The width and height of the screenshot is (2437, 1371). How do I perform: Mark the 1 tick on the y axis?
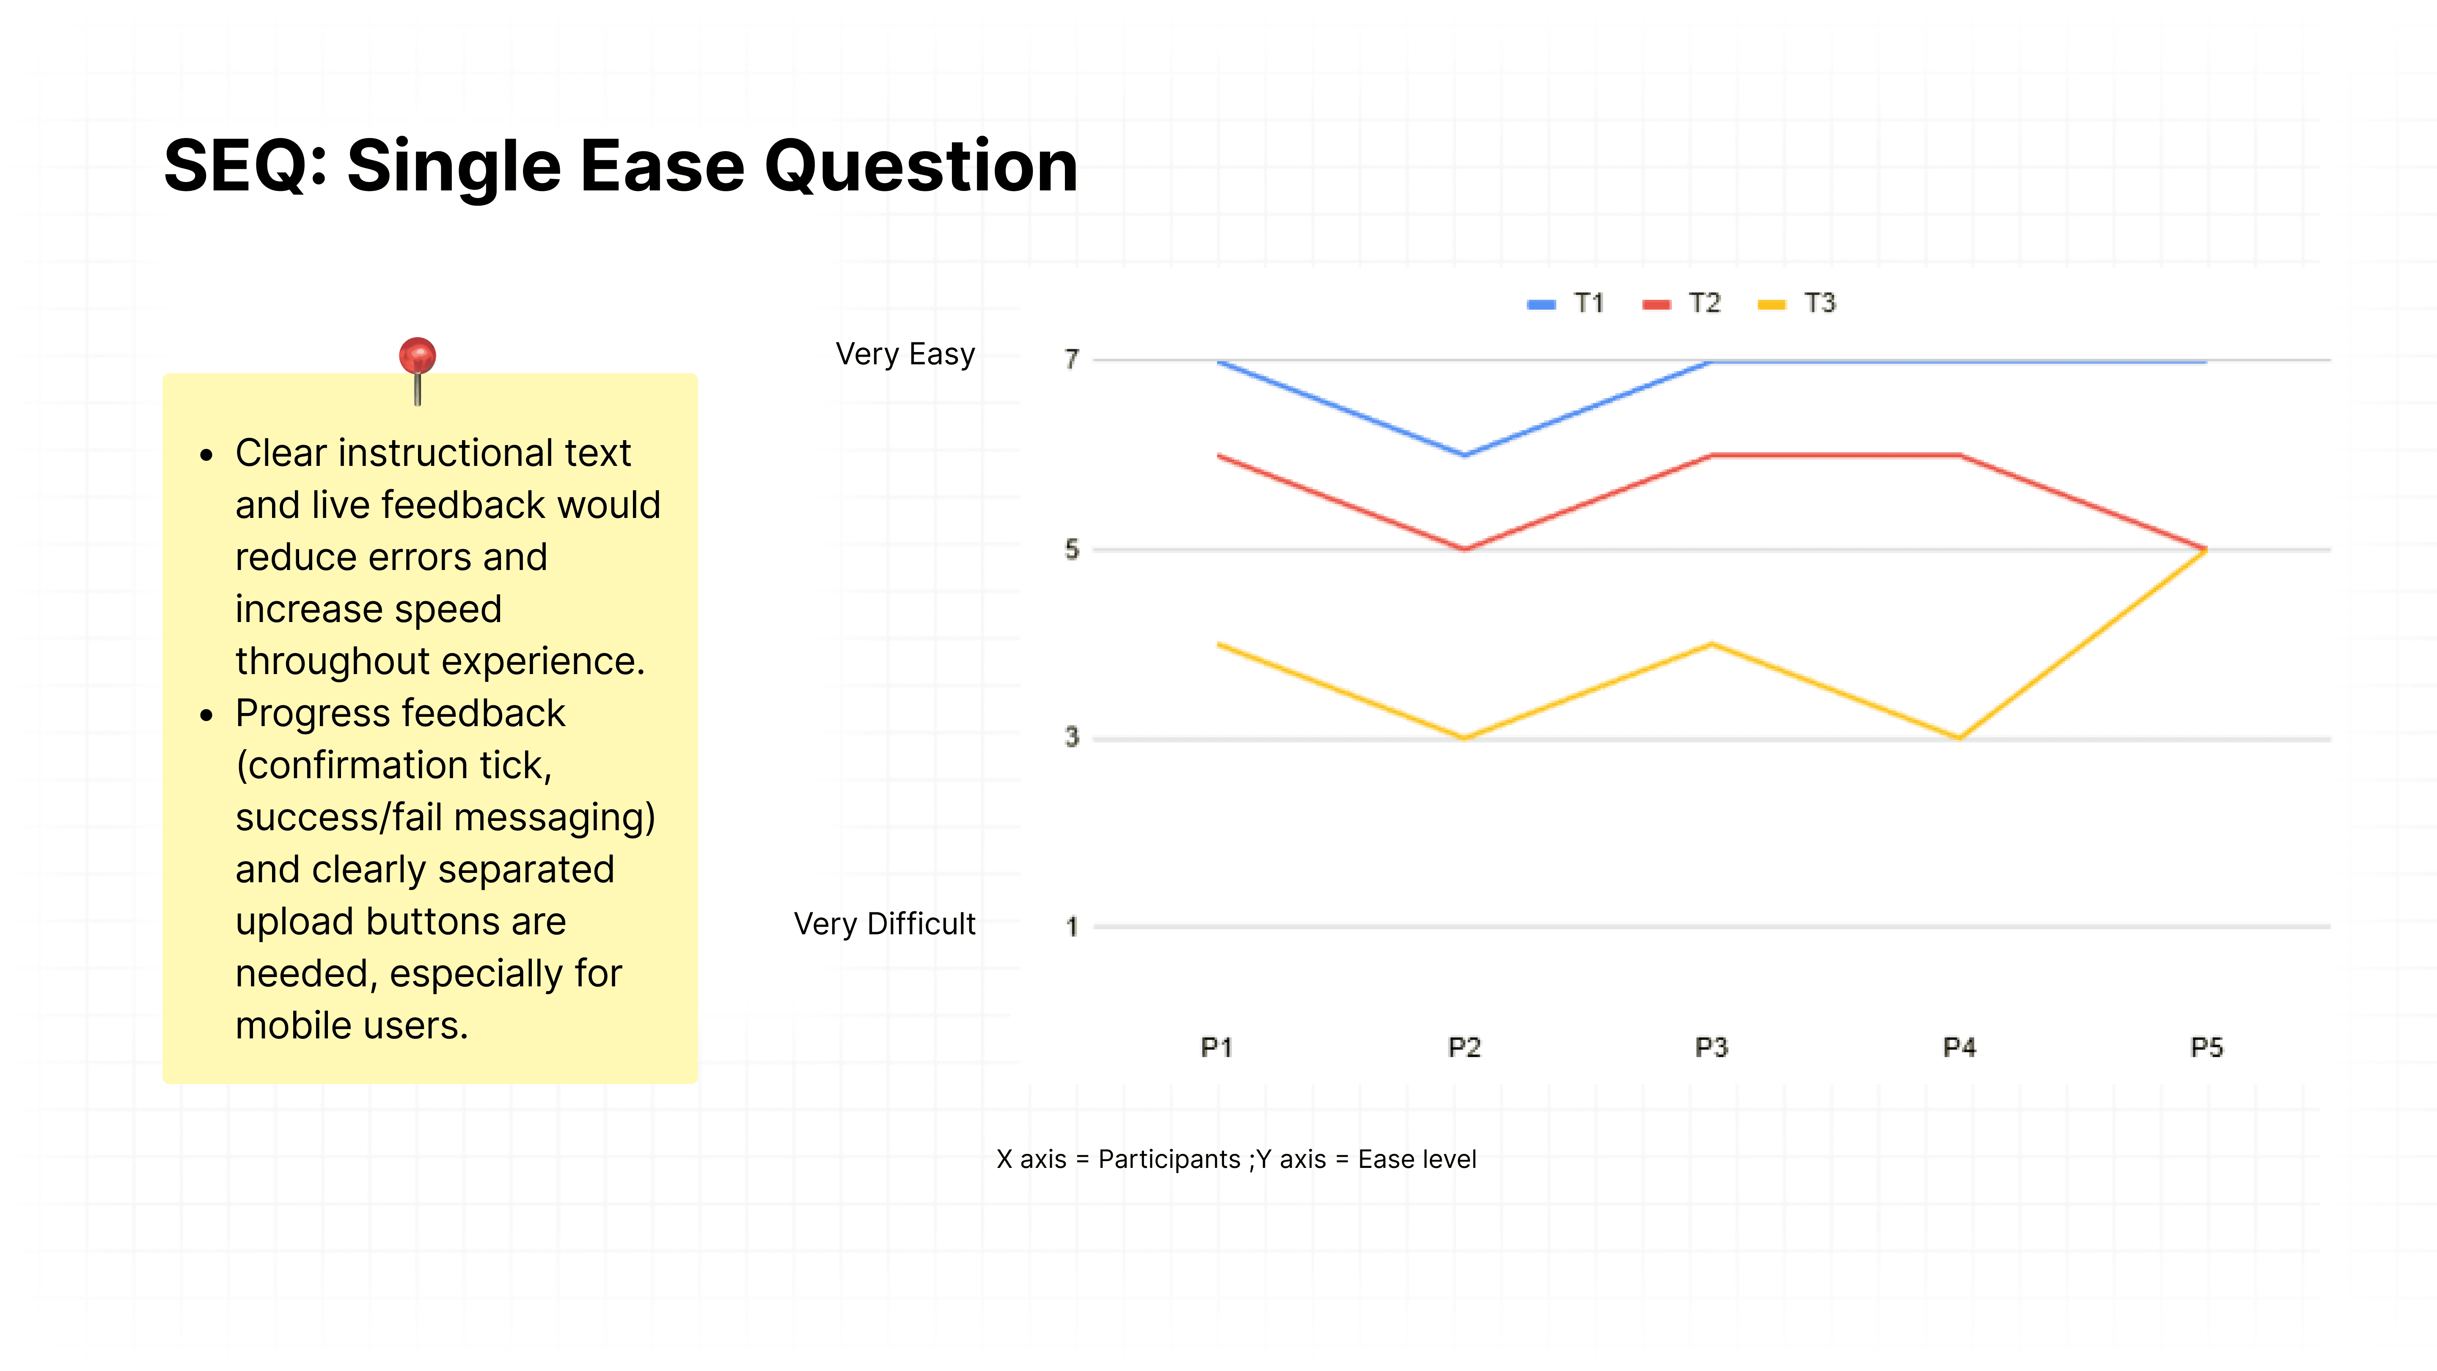coord(1072,926)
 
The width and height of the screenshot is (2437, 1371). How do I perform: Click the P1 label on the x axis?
coord(1217,1047)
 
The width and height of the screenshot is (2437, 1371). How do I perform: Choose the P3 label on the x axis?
coord(1711,1047)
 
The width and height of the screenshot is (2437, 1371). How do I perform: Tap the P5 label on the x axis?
coord(2206,1047)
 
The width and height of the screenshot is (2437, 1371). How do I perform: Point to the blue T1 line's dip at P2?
coord(1464,455)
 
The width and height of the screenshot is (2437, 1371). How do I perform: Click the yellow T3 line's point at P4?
coord(1959,737)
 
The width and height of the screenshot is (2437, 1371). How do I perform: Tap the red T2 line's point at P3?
coord(1711,455)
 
